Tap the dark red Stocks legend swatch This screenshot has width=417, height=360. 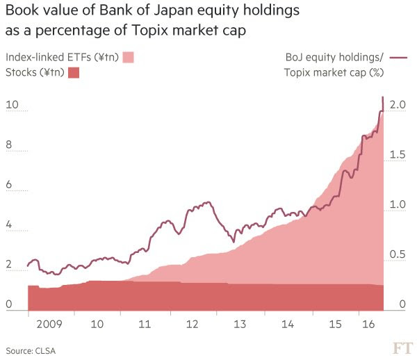(74, 72)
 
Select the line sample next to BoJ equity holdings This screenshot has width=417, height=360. (397, 58)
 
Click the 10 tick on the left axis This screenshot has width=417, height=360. (10, 106)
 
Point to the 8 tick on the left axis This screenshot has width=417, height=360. (10, 145)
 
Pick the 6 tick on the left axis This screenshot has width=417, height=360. (10, 185)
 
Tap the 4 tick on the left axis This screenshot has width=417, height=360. (10, 224)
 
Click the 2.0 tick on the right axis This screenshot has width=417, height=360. (398, 105)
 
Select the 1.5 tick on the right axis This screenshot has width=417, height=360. (398, 155)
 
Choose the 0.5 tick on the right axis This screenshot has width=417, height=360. (398, 255)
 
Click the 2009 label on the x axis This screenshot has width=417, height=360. (49, 324)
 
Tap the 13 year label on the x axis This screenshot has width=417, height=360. (240, 324)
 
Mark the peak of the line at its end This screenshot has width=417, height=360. (383, 97)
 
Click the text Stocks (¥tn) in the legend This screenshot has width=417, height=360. (34, 72)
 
